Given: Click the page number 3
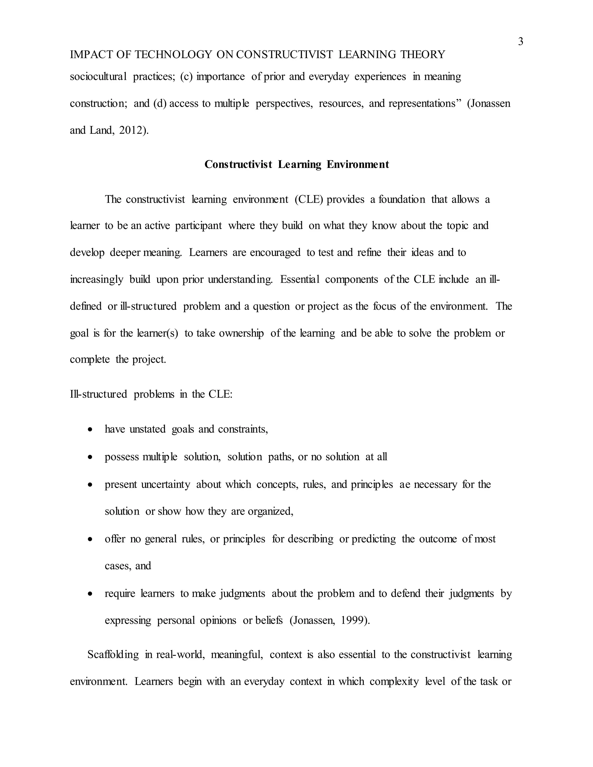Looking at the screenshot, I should pyautogui.click(x=520, y=42).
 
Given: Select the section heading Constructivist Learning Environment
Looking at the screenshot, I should pyautogui.click(x=296, y=164).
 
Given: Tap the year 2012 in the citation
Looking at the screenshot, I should pyautogui.click(x=131, y=130).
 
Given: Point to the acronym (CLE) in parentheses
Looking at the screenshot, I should pyautogui.click(x=309, y=199).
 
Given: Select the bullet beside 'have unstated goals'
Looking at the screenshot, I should pyautogui.click(x=91, y=430).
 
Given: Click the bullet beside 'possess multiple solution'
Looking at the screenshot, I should pyautogui.click(x=91, y=457).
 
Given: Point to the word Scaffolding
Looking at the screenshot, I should pyautogui.click(x=113, y=655).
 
